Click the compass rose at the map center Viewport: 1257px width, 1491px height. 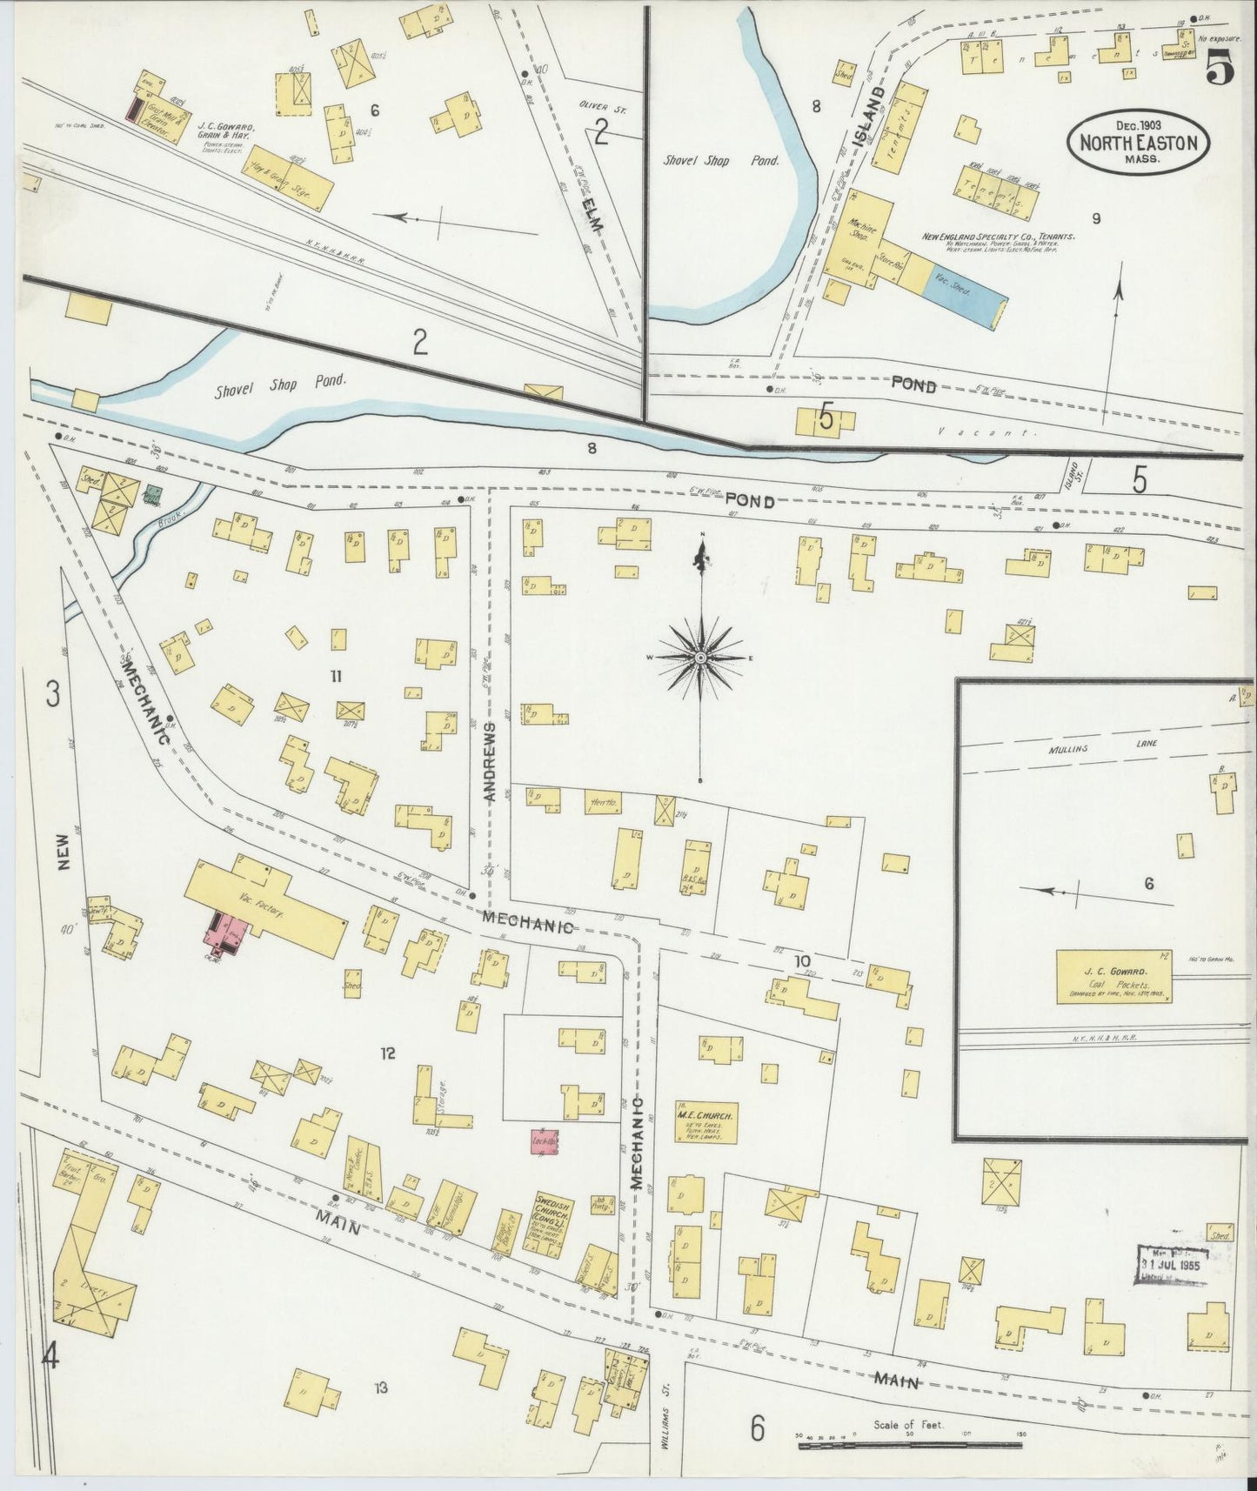[x=700, y=658]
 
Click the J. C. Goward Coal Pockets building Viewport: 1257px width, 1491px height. [x=1113, y=978]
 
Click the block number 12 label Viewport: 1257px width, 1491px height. [x=387, y=1053]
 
